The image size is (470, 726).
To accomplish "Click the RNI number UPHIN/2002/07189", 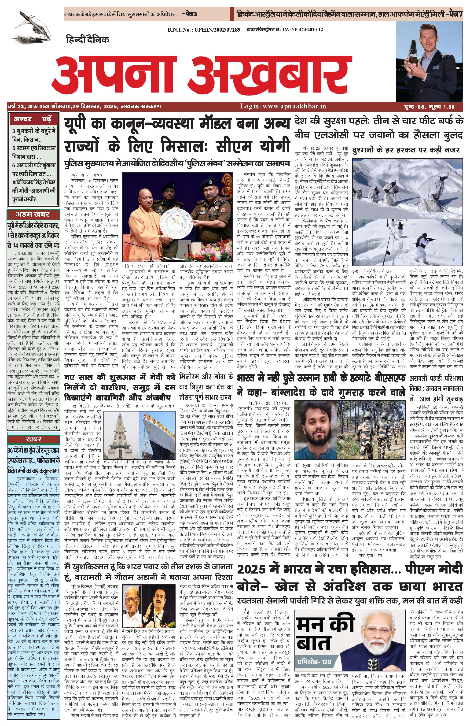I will coord(204,30).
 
